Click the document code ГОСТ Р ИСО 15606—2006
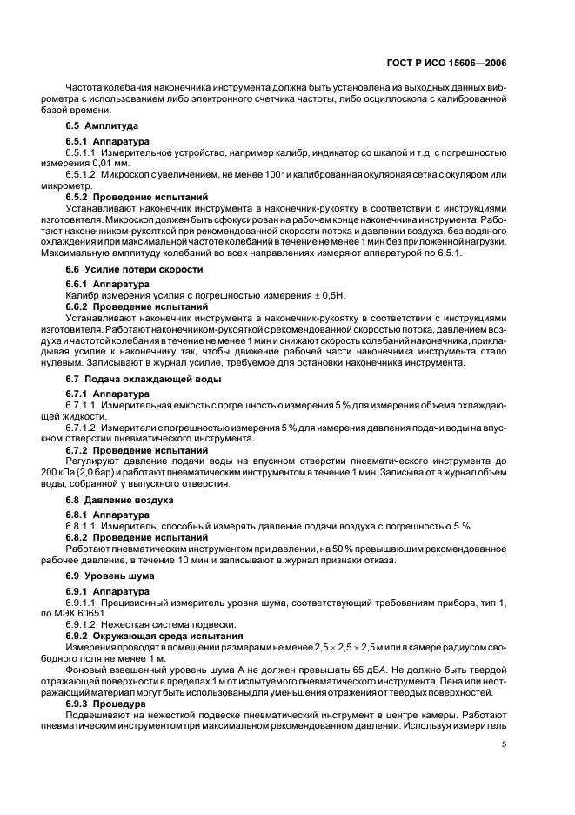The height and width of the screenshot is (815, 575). coord(447,63)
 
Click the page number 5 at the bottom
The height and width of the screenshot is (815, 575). coord(504,744)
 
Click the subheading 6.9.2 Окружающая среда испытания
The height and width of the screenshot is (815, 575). coord(150,637)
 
